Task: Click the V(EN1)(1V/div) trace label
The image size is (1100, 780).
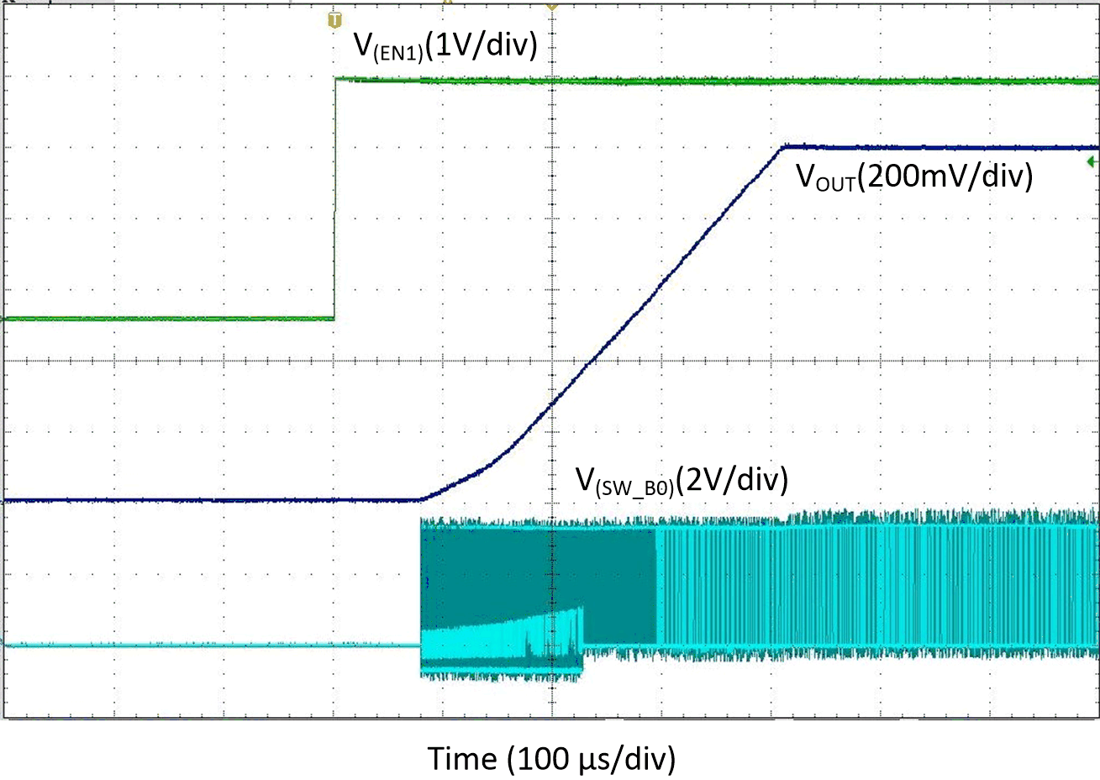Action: [x=445, y=45]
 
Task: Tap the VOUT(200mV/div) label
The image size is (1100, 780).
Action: [x=913, y=177]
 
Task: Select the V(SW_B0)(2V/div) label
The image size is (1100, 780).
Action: [x=682, y=480]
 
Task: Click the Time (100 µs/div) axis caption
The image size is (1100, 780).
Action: [x=552, y=758]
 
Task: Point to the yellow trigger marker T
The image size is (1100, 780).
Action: [x=334, y=19]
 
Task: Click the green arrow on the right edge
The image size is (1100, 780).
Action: [x=1092, y=161]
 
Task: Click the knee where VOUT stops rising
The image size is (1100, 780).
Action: [x=782, y=147]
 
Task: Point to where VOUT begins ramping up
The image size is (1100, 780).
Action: [x=421, y=499]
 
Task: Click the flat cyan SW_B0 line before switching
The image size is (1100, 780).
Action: [x=210, y=646]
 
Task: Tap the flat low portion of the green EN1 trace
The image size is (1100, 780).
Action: [x=168, y=319]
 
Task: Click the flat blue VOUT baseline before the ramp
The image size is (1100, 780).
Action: [x=210, y=500]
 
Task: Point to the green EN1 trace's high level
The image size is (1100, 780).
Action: [x=714, y=81]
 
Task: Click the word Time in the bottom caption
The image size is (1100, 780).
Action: [x=463, y=758]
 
